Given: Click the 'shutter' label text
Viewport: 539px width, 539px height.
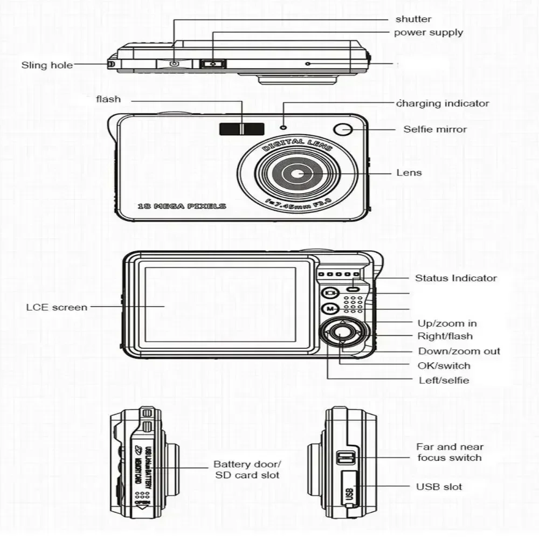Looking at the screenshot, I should [x=413, y=19].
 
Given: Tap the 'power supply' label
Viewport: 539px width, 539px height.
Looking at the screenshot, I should [x=429, y=32].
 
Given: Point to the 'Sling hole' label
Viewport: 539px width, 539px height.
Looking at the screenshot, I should [x=47, y=65].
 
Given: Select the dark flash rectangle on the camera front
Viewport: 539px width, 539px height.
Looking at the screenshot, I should [x=241, y=129].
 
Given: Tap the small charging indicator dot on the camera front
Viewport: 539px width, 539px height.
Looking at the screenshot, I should [x=283, y=127].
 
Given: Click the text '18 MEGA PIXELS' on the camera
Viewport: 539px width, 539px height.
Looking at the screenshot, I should [x=182, y=206].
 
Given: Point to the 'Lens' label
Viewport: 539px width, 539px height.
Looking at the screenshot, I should [x=409, y=173].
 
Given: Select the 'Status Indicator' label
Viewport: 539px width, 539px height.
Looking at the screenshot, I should [x=455, y=278].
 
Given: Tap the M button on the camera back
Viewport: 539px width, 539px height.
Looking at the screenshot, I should [x=329, y=309].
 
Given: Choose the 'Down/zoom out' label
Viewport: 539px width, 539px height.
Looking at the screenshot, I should [x=459, y=351].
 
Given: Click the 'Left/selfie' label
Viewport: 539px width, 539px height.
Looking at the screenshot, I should [x=444, y=381].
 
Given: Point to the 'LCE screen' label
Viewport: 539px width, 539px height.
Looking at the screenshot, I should [x=57, y=307].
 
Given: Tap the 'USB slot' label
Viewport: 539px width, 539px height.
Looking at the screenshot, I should [x=439, y=487].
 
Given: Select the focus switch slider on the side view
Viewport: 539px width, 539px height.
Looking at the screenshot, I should [x=345, y=458].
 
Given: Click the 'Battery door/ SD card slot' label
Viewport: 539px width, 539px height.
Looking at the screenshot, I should [x=247, y=469].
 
